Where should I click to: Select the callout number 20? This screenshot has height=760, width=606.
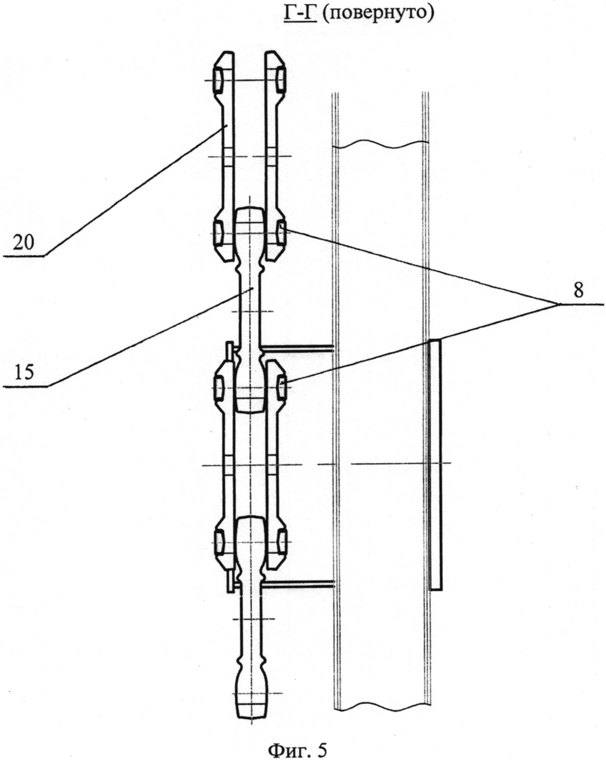[23, 243]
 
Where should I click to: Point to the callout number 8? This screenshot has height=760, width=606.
[578, 292]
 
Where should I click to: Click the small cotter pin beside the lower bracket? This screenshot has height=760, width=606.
[230, 583]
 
